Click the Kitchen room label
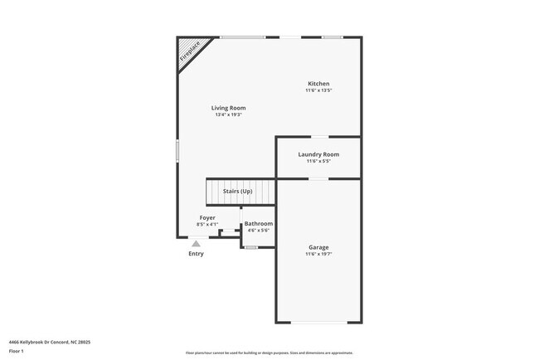(x=318, y=84)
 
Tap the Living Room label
(x=228, y=108)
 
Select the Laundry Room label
(x=318, y=154)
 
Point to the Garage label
(x=318, y=246)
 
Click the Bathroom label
(x=258, y=224)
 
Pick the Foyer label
(x=207, y=217)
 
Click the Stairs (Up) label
(x=238, y=192)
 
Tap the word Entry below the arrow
(x=196, y=254)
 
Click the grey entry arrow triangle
(x=196, y=244)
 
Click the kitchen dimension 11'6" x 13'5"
(x=318, y=90)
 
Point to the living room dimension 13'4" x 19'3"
(x=228, y=114)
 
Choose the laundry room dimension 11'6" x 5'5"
(x=318, y=161)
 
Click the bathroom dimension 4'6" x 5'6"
(x=258, y=231)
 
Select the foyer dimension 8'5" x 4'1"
(x=207, y=224)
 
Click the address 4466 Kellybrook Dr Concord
(x=49, y=341)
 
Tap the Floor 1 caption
(x=17, y=351)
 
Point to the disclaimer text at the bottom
(x=269, y=353)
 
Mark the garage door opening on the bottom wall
(x=318, y=323)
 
